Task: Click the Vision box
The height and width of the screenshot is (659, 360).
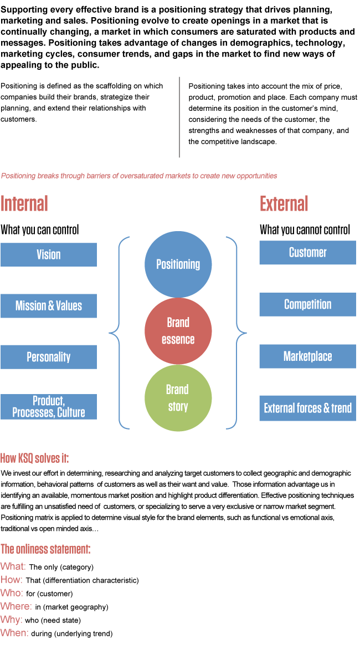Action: pos(49,254)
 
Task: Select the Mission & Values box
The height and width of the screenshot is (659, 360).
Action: pos(49,306)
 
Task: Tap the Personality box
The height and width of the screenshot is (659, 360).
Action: pos(49,357)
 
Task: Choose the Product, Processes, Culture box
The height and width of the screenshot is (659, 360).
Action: pos(49,407)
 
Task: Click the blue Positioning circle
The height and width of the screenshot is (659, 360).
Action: pos(178,264)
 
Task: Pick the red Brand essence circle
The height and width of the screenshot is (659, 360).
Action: pos(178,331)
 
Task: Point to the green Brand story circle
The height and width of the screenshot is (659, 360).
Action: pos(178,397)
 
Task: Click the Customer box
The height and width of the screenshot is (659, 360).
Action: pos(307,253)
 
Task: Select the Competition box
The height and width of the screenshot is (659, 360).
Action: pos(307,304)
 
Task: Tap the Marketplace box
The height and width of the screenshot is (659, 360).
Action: pos(307,356)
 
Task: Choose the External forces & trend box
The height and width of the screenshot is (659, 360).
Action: pos(307,408)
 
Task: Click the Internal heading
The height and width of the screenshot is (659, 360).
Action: pos(24,204)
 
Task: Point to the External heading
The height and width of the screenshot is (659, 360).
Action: pos(284,204)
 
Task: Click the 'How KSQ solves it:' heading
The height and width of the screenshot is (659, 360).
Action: pos(34,458)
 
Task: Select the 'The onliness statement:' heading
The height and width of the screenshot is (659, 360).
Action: pos(45,549)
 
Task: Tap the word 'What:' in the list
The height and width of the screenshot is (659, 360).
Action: pos(13,566)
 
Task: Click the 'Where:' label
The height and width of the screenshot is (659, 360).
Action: pos(16,606)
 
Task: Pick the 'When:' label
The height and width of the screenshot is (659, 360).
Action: pos(14,632)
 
